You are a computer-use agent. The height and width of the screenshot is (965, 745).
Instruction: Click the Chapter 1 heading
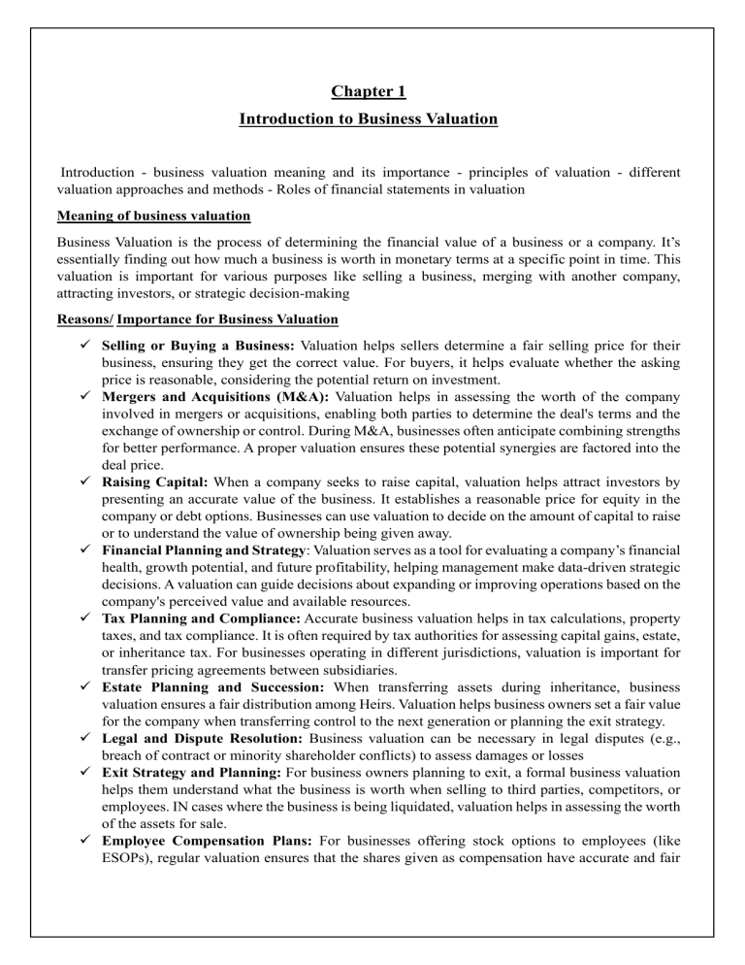(x=368, y=92)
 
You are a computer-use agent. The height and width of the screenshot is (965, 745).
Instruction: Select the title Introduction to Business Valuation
(x=368, y=119)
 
